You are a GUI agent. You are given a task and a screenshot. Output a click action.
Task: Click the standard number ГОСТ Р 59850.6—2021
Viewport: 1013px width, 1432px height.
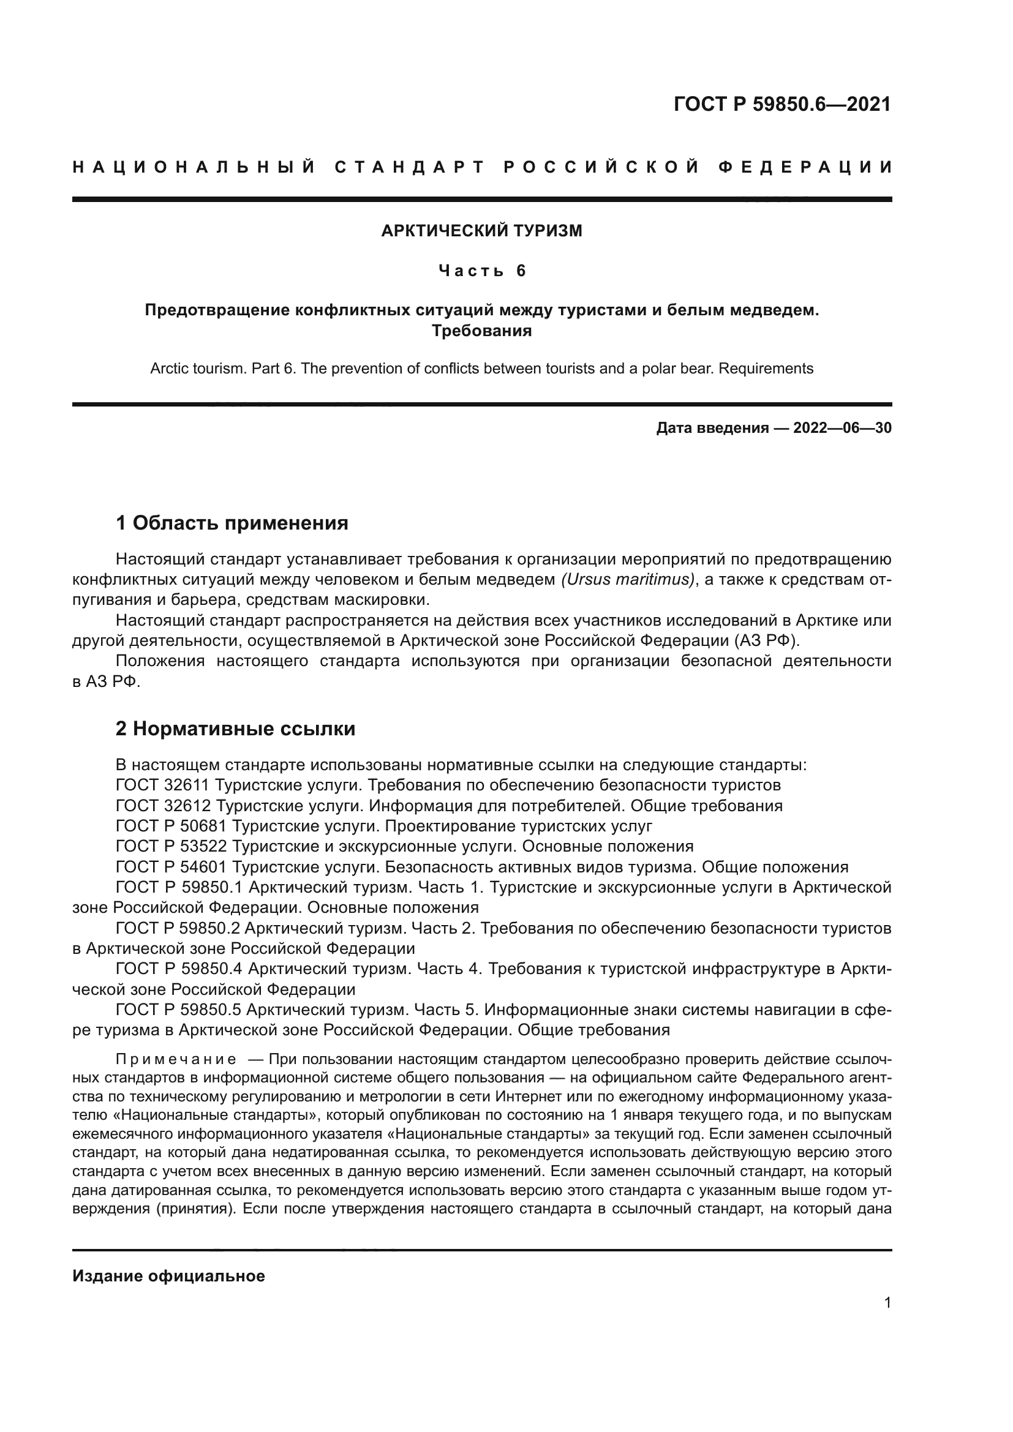click(x=782, y=104)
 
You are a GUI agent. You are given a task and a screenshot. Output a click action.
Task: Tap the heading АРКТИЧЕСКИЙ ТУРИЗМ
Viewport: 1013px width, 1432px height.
click(x=481, y=231)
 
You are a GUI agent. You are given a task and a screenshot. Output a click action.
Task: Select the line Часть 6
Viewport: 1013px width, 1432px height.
click(x=482, y=271)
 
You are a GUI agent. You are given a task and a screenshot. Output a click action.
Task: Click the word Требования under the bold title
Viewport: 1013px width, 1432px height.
click(x=481, y=331)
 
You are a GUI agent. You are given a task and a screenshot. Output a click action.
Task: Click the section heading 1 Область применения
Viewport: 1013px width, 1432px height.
click(x=232, y=523)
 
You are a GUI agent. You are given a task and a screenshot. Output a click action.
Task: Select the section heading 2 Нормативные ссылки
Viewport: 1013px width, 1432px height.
click(x=235, y=729)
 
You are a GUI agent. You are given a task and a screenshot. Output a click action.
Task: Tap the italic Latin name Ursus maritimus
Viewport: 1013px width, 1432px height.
click(x=628, y=579)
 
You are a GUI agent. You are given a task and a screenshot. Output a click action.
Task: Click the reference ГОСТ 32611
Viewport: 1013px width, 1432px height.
click(x=162, y=785)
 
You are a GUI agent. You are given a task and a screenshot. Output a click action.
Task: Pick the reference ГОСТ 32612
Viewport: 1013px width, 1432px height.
click(x=162, y=805)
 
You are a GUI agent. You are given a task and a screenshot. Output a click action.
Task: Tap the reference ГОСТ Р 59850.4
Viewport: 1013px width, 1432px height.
click(x=178, y=969)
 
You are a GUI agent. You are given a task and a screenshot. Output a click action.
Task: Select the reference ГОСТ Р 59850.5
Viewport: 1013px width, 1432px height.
click(x=178, y=1009)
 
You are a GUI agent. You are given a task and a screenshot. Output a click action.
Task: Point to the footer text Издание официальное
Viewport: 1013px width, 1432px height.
click(x=168, y=1276)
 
